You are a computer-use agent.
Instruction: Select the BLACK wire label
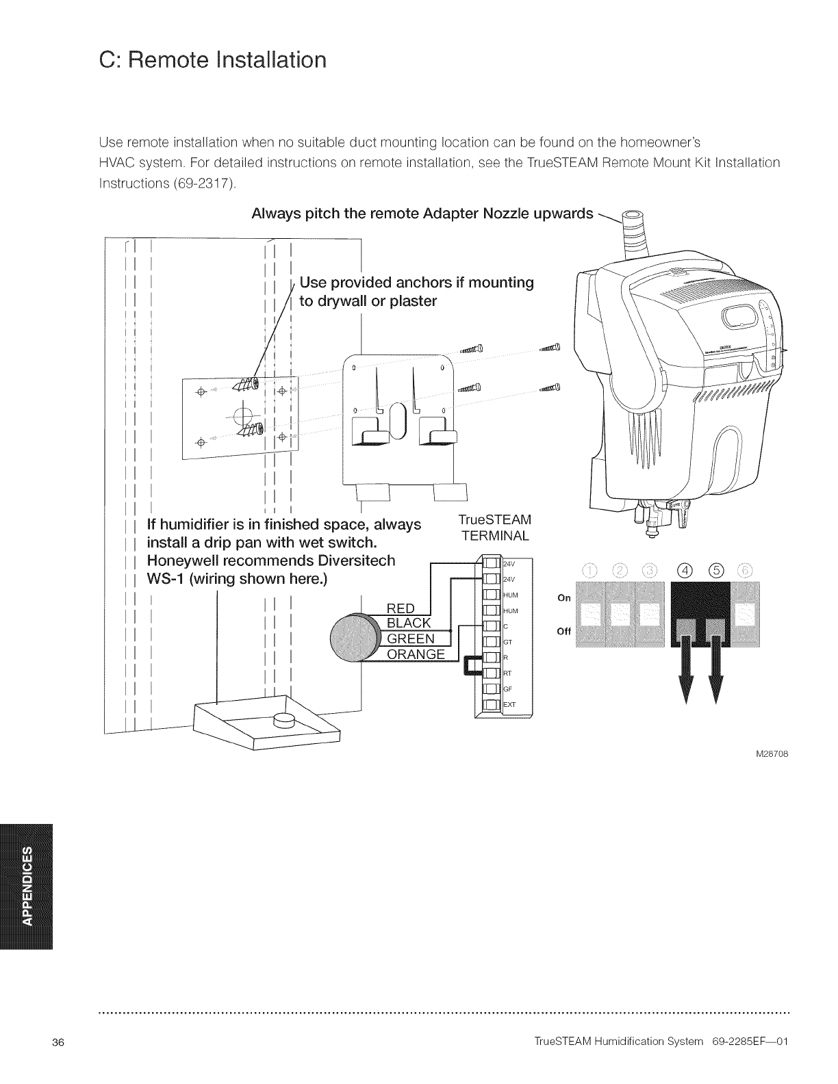click(409, 623)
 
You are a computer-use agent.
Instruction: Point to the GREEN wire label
click(411, 639)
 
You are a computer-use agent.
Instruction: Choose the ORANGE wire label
click(416, 655)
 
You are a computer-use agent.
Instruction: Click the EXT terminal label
click(510, 705)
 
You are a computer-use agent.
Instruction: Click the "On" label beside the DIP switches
click(564, 597)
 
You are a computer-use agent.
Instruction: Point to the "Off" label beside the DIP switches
click(564, 632)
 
